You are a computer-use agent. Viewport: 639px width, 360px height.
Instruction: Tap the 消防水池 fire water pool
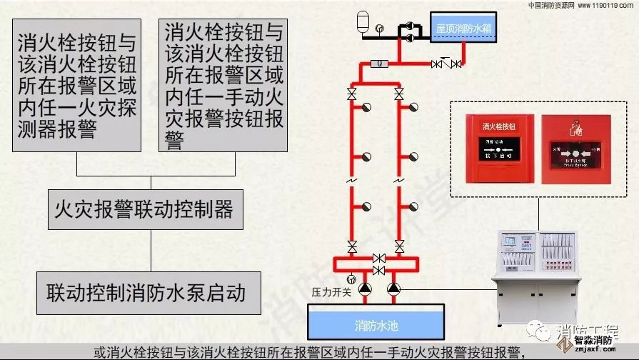376,326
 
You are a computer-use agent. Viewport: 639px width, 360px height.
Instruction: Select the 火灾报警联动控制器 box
145,209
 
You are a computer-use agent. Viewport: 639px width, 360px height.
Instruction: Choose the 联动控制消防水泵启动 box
146,291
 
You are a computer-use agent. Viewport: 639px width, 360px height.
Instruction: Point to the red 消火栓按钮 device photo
500,146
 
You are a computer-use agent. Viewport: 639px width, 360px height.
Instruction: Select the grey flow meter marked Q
382,64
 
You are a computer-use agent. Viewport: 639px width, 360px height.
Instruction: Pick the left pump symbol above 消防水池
364,289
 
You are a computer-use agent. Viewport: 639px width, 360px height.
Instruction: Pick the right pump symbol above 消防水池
393,289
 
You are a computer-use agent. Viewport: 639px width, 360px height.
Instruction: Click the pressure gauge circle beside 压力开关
351,278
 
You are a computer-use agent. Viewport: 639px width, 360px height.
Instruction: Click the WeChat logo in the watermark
535,331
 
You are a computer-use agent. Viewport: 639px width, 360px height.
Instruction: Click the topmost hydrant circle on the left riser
367,107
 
